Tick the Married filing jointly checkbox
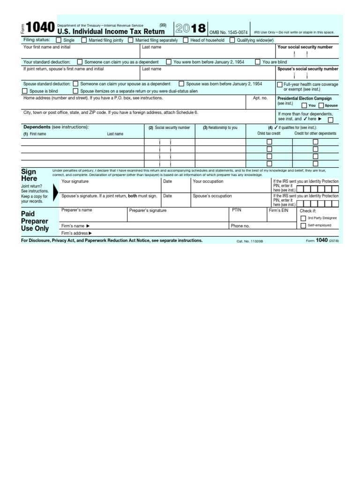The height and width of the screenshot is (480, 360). click(84, 40)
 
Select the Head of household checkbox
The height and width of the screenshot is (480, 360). click(185, 40)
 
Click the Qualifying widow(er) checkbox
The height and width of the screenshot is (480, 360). click(232, 40)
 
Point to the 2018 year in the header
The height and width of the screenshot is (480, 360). click(190, 29)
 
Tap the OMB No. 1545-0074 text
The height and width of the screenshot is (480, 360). click(228, 32)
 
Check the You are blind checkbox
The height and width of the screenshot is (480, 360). click(258, 62)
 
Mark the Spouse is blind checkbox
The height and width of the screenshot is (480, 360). click(25, 91)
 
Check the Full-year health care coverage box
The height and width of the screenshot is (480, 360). click(279, 84)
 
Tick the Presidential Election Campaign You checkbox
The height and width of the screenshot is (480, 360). click(304, 105)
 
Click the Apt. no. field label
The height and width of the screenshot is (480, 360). click(260, 98)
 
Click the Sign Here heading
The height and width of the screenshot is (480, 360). click(29, 175)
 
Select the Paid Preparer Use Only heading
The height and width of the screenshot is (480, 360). click(34, 221)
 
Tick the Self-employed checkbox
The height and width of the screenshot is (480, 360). click(303, 225)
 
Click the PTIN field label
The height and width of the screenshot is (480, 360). click(237, 210)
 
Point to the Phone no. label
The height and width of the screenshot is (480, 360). click(240, 226)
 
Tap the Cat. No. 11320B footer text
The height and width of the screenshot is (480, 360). click(250, 241)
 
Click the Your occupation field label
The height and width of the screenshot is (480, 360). click(208, 181)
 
